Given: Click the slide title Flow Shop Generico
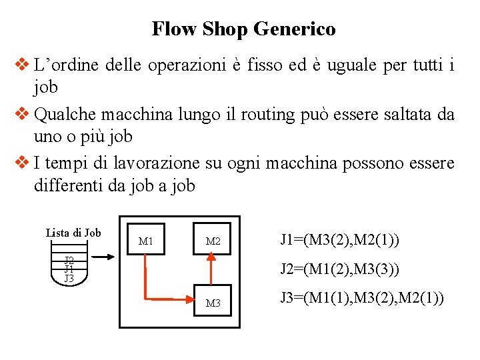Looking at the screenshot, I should pos(243,29).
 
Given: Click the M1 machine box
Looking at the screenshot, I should pos(145,240).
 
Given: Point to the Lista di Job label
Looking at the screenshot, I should pos(73,233).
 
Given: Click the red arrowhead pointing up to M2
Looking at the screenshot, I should pos(213,263).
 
